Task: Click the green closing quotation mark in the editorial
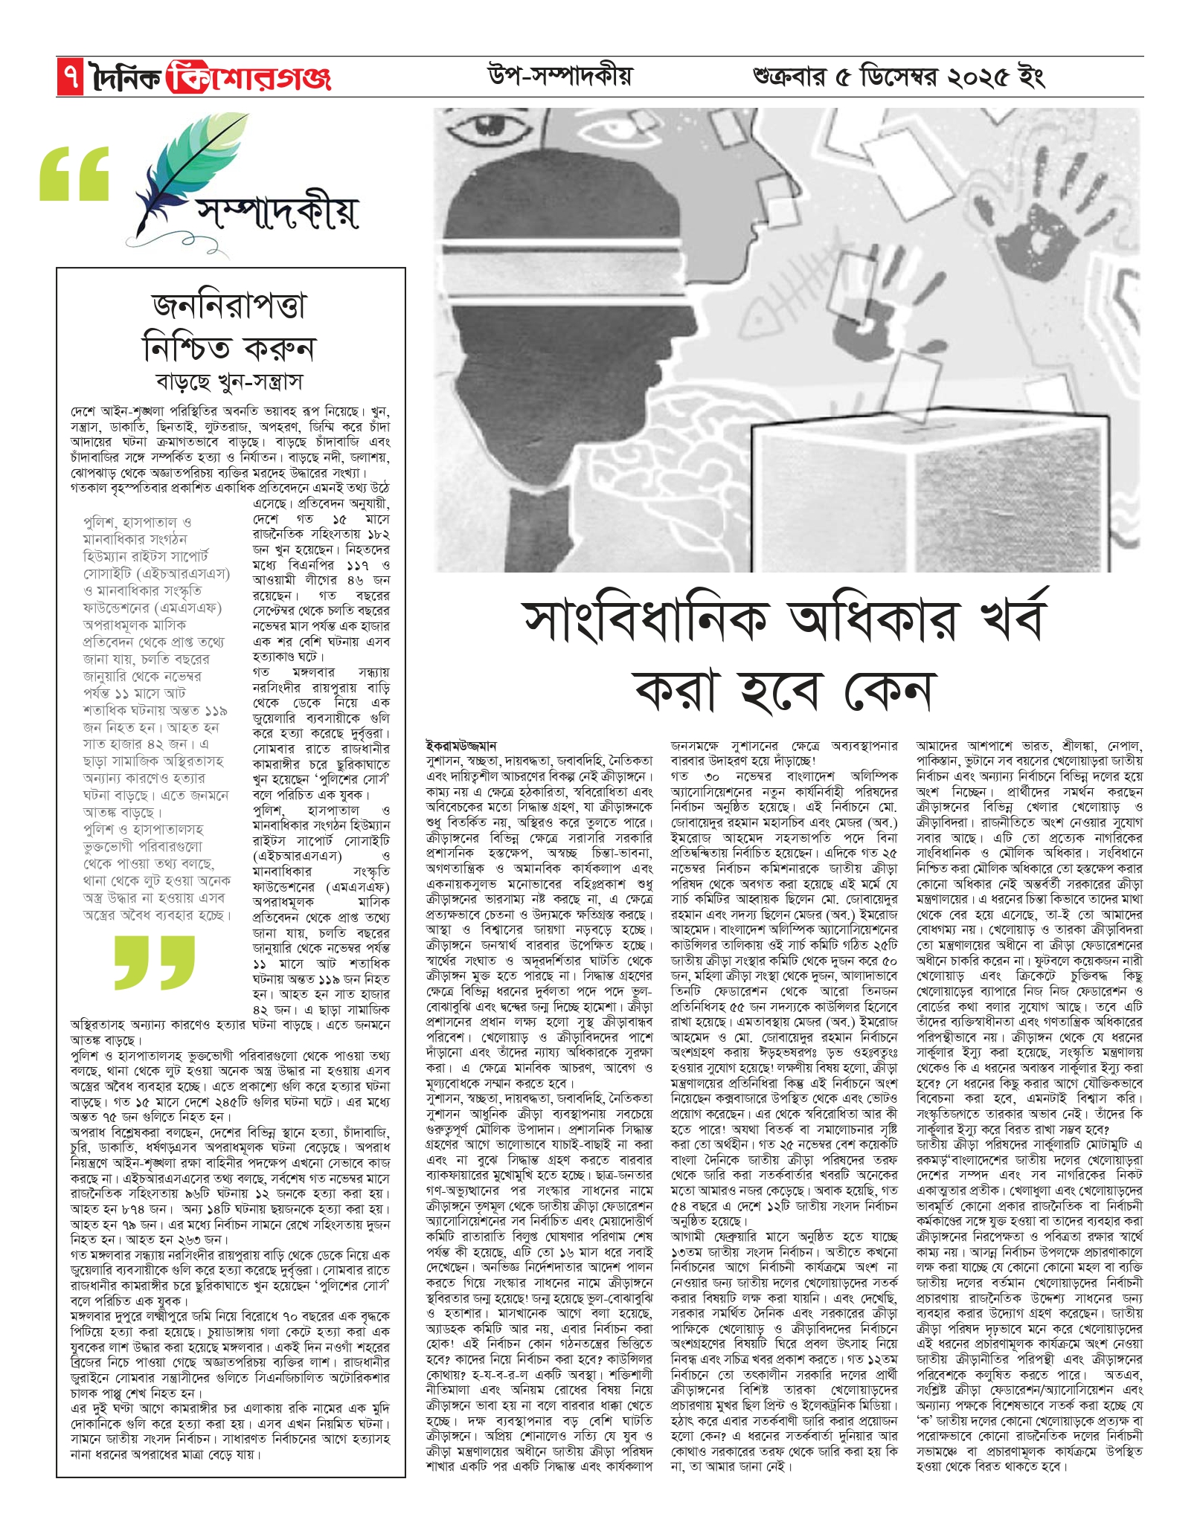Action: click(x=155, y=961)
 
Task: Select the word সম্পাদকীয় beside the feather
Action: click(x=277, y=213)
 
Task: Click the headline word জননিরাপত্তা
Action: click(x=228, y=306)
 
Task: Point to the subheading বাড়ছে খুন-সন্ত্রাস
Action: click(x=229, y=382)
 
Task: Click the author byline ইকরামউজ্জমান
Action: click(x=461, y=745)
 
